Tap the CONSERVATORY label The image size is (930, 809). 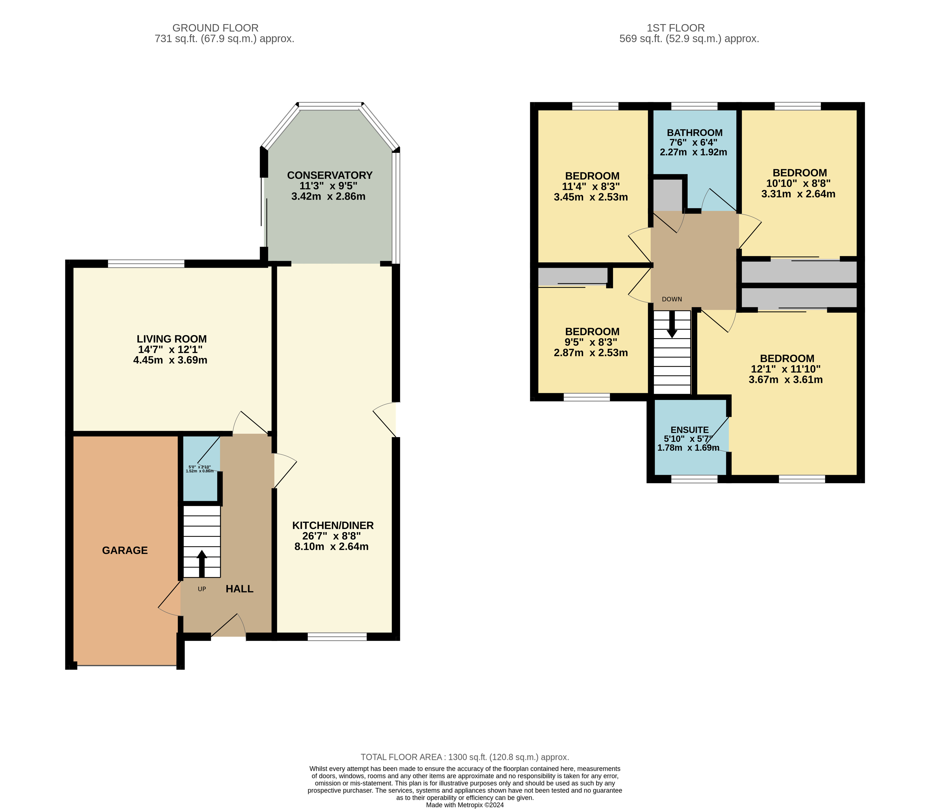tap(330, 175)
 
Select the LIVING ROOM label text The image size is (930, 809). tap(172, 339)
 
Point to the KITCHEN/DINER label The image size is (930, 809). tap(333, 525)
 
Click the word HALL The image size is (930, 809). tap(239, 589)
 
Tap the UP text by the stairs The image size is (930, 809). tap(202, 589)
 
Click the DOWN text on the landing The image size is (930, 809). tap(672, 299)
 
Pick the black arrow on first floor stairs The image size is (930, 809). tap(672, 324)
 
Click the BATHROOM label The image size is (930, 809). tap(695, 133)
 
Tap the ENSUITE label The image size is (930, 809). tap(690, 430)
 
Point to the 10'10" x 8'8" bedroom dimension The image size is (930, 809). tap(798, 183)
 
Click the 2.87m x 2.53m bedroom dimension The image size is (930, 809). tap(591, 353)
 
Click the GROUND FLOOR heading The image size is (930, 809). tap(215, 28)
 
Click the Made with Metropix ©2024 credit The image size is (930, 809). tap(465, 804)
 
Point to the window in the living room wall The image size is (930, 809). tap(146, 264)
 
